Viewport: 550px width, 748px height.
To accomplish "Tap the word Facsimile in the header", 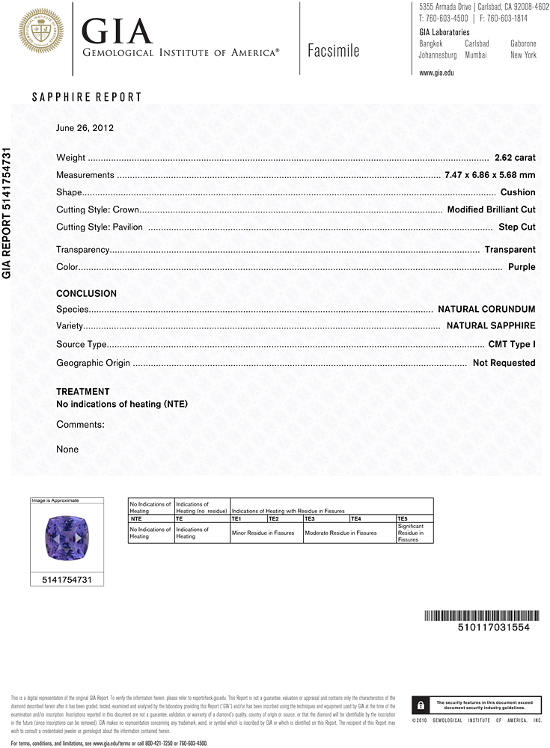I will (333, 51).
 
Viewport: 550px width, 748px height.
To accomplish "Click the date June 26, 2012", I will (85, 128).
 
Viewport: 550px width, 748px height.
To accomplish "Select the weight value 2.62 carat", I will (515, 158).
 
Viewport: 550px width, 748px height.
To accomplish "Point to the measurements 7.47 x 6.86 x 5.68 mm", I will (489, 175).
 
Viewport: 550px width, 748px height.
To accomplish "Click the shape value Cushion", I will (518, 192).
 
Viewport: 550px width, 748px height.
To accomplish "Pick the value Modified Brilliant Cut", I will (491, 209).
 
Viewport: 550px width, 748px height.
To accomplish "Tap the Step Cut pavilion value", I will (516, 227).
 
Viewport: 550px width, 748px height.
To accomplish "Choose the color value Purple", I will (522, 267).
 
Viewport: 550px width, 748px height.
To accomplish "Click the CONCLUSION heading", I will (86, 294).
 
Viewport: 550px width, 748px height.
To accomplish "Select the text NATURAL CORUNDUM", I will (486, 309).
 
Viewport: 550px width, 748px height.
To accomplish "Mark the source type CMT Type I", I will (511, 345).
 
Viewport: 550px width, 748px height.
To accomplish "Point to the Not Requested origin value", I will (504, 363).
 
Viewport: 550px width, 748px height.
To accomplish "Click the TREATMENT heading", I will (82, 392).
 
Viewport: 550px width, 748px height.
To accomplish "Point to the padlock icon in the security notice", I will (421, 705).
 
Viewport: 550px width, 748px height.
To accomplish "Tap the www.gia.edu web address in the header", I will (437, 73).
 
